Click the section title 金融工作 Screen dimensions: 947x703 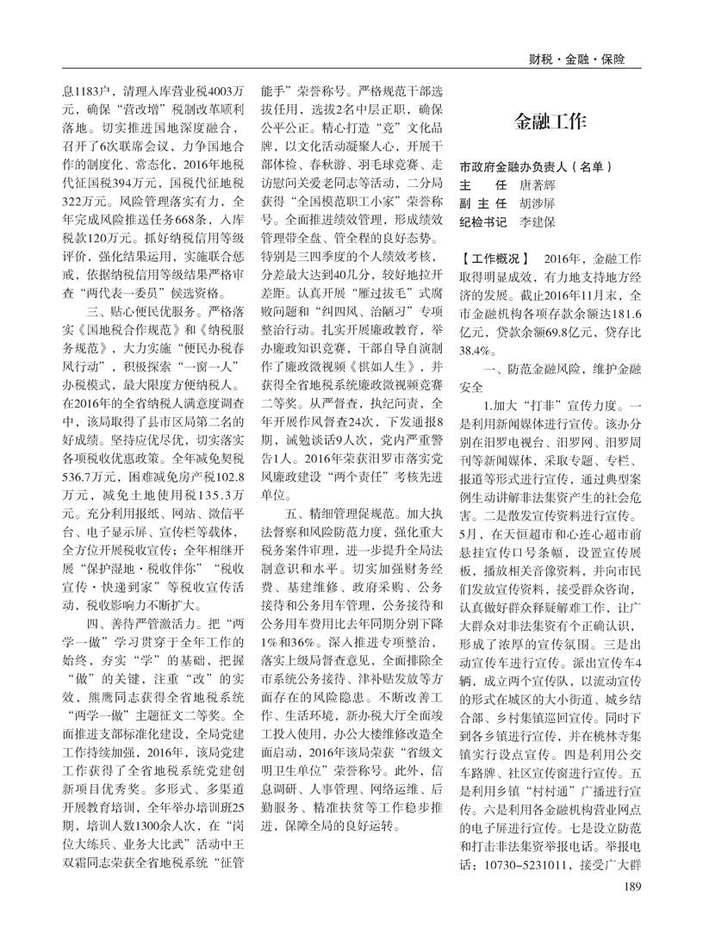coord(555,119)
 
